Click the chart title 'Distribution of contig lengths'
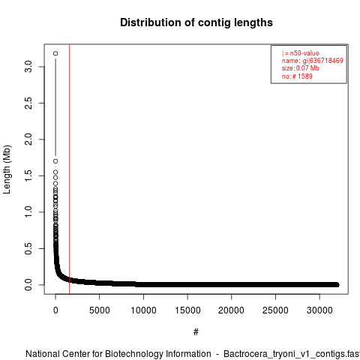point(196,22)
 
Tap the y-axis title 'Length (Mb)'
point(7,169)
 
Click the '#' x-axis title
point(196,332)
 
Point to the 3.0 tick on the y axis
point(28,67)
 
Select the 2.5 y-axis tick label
point(28,103)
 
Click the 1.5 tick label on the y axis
point(28,175)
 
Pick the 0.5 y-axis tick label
point(28,248)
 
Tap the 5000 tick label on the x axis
point(100,310)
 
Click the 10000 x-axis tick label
point(143,310)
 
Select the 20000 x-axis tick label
point(232,310)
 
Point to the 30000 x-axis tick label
point(319,310)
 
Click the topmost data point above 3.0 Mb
point(55,53)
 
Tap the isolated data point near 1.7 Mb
point(55,161)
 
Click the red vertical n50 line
point(69,169)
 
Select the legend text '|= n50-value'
point(301,53)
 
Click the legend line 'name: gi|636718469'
point(313,61)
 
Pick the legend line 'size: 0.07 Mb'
point(301,68)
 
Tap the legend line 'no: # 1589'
point(297,76)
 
